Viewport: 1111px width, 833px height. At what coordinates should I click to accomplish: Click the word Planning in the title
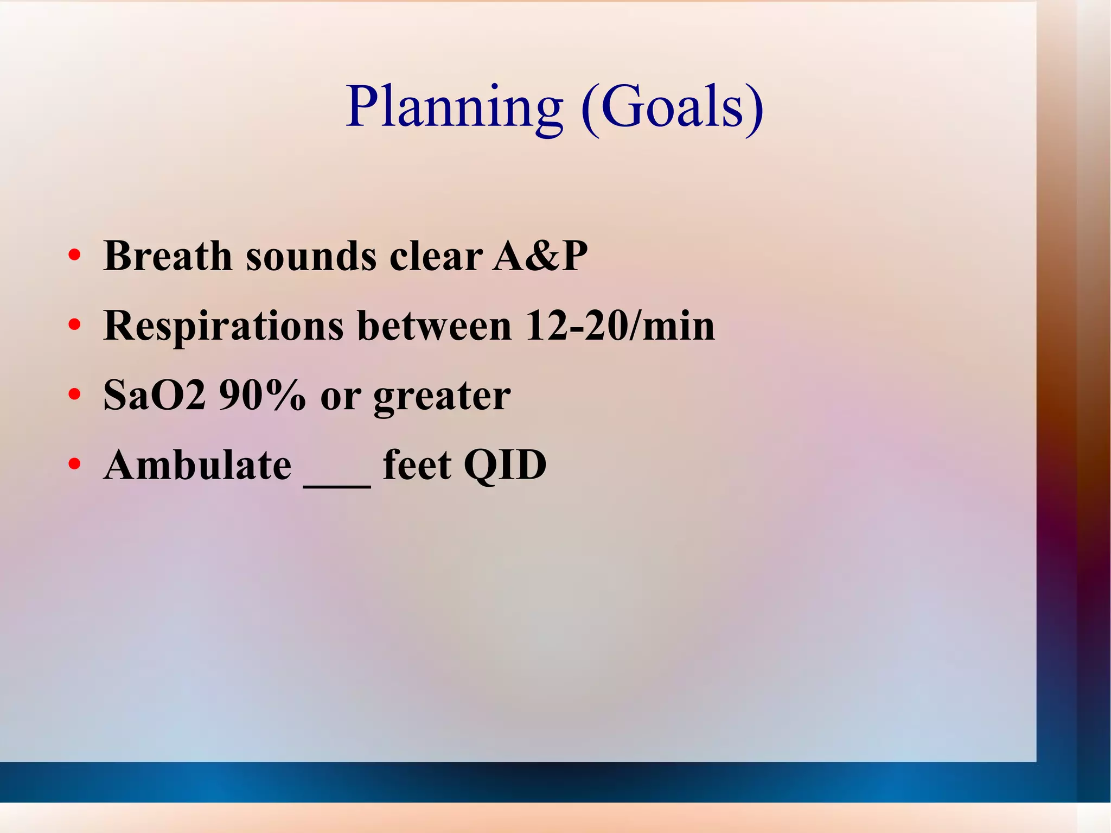455,107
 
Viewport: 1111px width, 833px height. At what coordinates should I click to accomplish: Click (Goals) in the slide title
672,107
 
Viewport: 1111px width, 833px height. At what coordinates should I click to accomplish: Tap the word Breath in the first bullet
168,256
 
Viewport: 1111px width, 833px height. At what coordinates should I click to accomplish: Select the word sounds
311,256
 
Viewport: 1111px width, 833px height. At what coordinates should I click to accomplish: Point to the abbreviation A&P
540,256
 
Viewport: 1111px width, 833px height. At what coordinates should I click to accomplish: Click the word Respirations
224,326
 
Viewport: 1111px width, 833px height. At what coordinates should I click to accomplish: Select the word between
435,326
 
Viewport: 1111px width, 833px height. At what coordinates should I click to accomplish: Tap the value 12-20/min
620,326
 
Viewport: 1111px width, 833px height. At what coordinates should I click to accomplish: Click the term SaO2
155,395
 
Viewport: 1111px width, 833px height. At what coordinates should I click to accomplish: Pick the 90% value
262,395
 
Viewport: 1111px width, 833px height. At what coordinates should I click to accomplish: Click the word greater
442,396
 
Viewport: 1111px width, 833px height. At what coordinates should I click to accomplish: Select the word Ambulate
197,465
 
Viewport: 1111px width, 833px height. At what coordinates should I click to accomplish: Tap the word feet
417,465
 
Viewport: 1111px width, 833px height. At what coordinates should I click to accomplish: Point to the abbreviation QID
505,465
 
